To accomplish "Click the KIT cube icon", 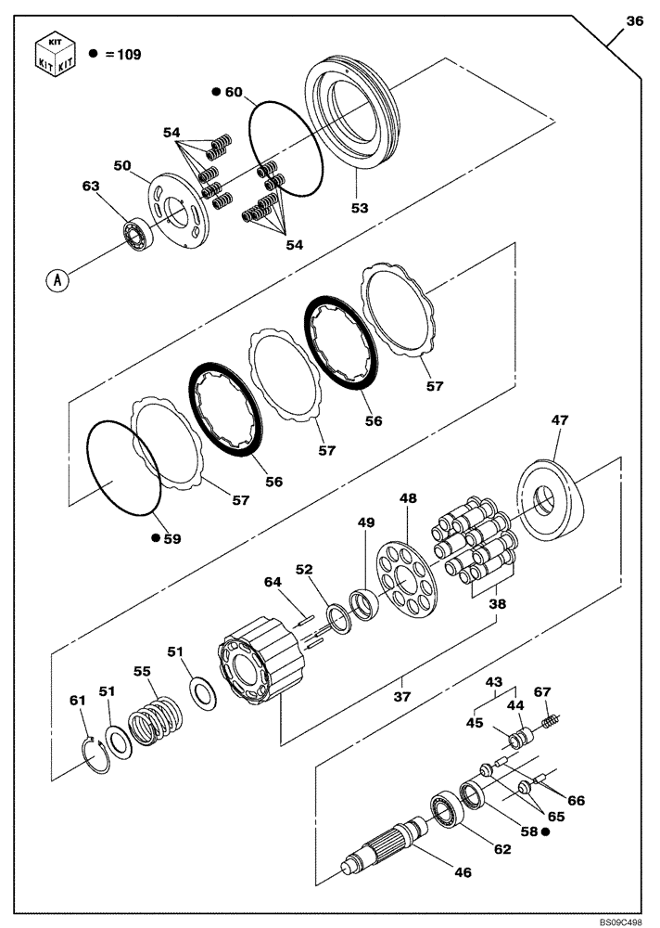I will [x=54, y=54].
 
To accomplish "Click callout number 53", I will [x=360, y=209].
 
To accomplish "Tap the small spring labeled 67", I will [x=550, y=720].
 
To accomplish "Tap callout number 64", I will [x=271, y=582].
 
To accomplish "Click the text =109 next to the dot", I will [x=122, y=55].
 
